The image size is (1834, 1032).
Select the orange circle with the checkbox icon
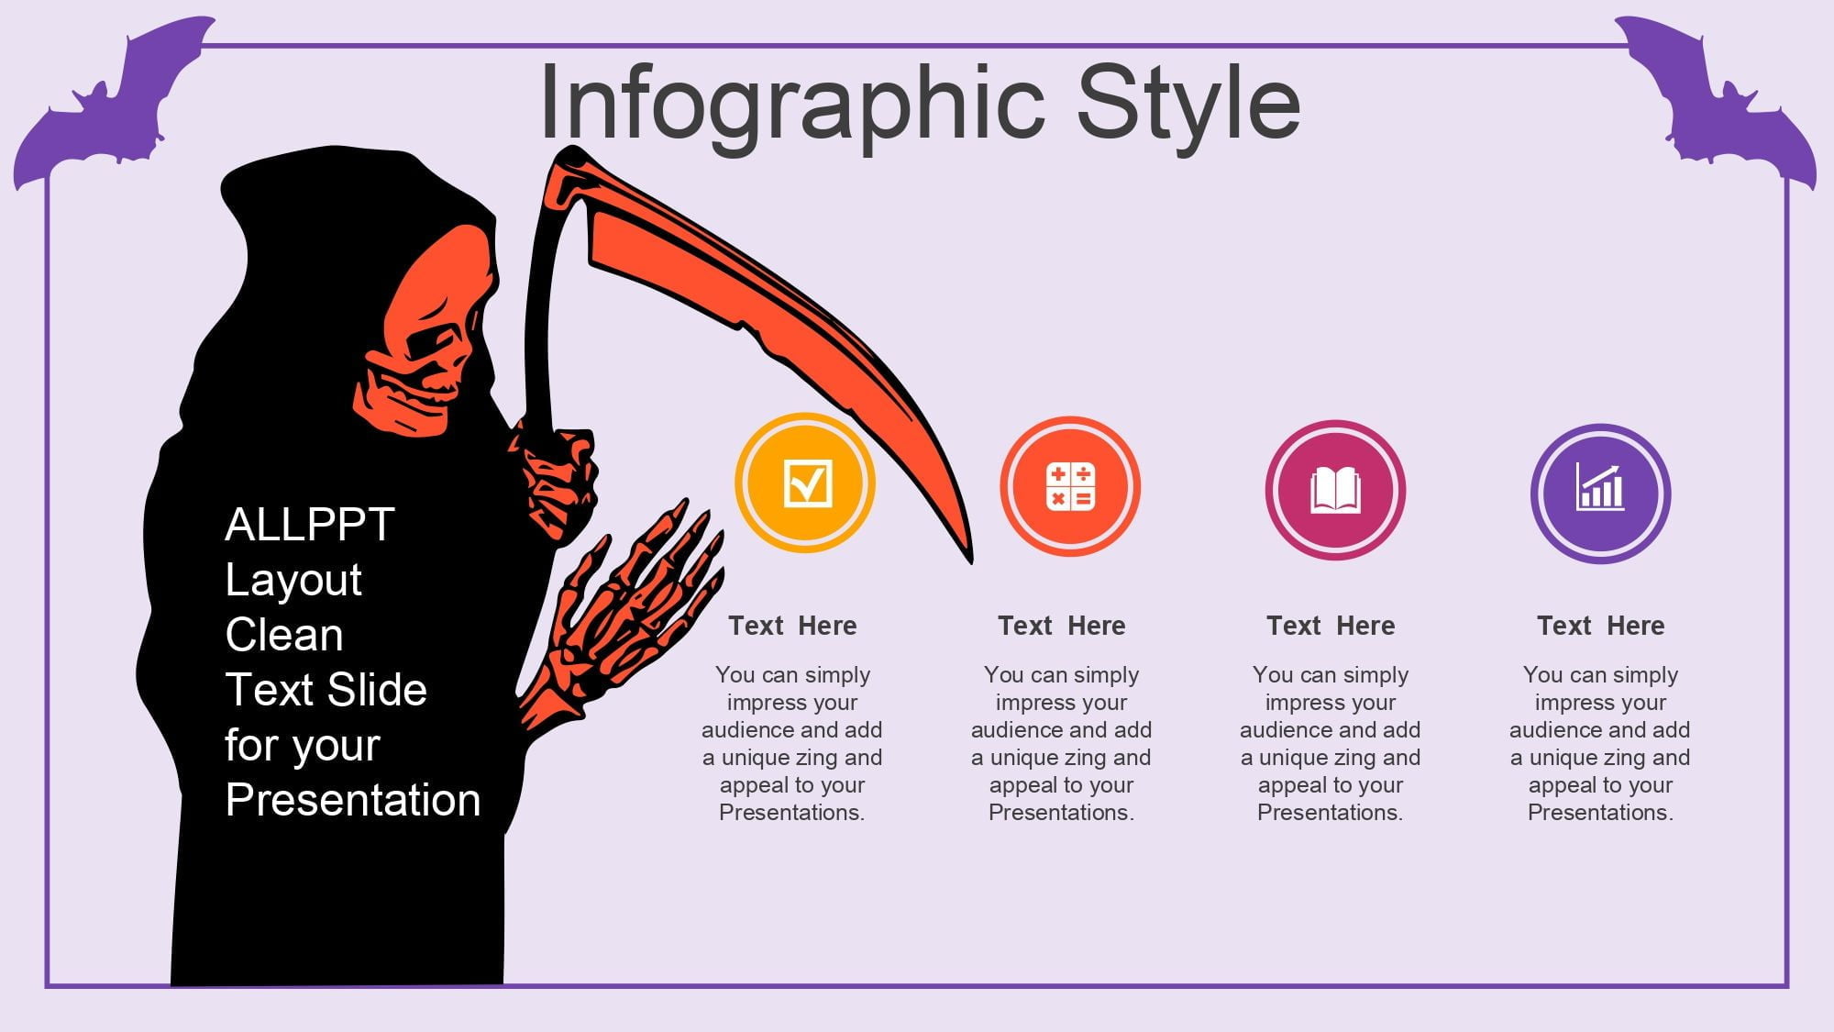(x=805, y=483)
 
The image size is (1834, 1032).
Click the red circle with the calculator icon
(x=1070, y=486)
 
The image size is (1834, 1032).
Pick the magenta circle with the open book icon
(x=1335, y=490)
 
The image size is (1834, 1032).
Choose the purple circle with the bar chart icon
(x=1600, y=494)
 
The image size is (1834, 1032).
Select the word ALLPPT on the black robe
(x=309, y=525)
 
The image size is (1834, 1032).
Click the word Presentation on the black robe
(x=353, y=800)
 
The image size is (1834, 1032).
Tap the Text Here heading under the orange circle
(x=792, y=626)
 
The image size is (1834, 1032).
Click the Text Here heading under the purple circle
(x=1600, y=626)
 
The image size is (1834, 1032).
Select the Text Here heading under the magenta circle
(x=1331, y=626)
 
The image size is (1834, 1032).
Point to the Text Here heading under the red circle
(x=1061, y=626)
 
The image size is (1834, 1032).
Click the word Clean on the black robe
(x=284, y=635)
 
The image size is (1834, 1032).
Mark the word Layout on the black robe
(x=293, y=580)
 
